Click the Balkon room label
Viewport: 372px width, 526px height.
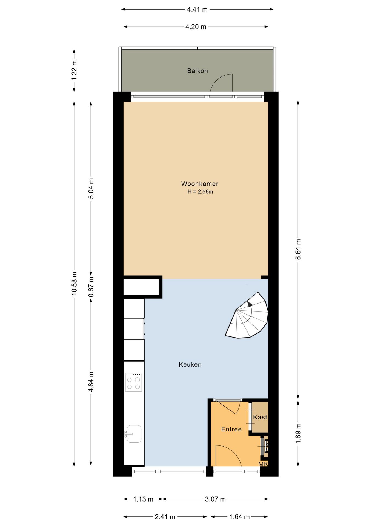[x=198, y=71]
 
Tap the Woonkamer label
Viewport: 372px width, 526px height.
[x=200, y=184]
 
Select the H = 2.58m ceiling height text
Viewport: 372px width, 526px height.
[x=200, y=192]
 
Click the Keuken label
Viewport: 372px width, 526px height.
[x=190, y=364]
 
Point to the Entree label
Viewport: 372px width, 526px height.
[x=231, y=429]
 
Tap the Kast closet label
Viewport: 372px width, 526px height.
[x=260, y=417]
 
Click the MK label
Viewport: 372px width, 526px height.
[x=263, y=464]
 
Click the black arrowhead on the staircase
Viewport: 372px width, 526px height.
[x=250, y=304]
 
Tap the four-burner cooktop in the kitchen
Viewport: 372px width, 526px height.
[x=133, y=382]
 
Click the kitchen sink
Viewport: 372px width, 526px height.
[x=133, y=434]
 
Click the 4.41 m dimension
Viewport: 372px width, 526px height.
[x=197, y=9]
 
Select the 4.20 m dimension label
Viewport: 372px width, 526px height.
[x=196, y=27]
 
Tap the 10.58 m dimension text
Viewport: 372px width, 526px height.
[x=74, y=284]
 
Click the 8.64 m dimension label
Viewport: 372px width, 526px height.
[x=298, y=249]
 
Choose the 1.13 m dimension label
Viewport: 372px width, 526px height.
[x=143, y=499]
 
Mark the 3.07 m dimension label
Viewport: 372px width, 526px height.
[x=215, y=499]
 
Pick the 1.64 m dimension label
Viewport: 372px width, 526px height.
[x=239, y=517]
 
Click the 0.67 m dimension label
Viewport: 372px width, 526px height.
[x=91, y=287]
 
